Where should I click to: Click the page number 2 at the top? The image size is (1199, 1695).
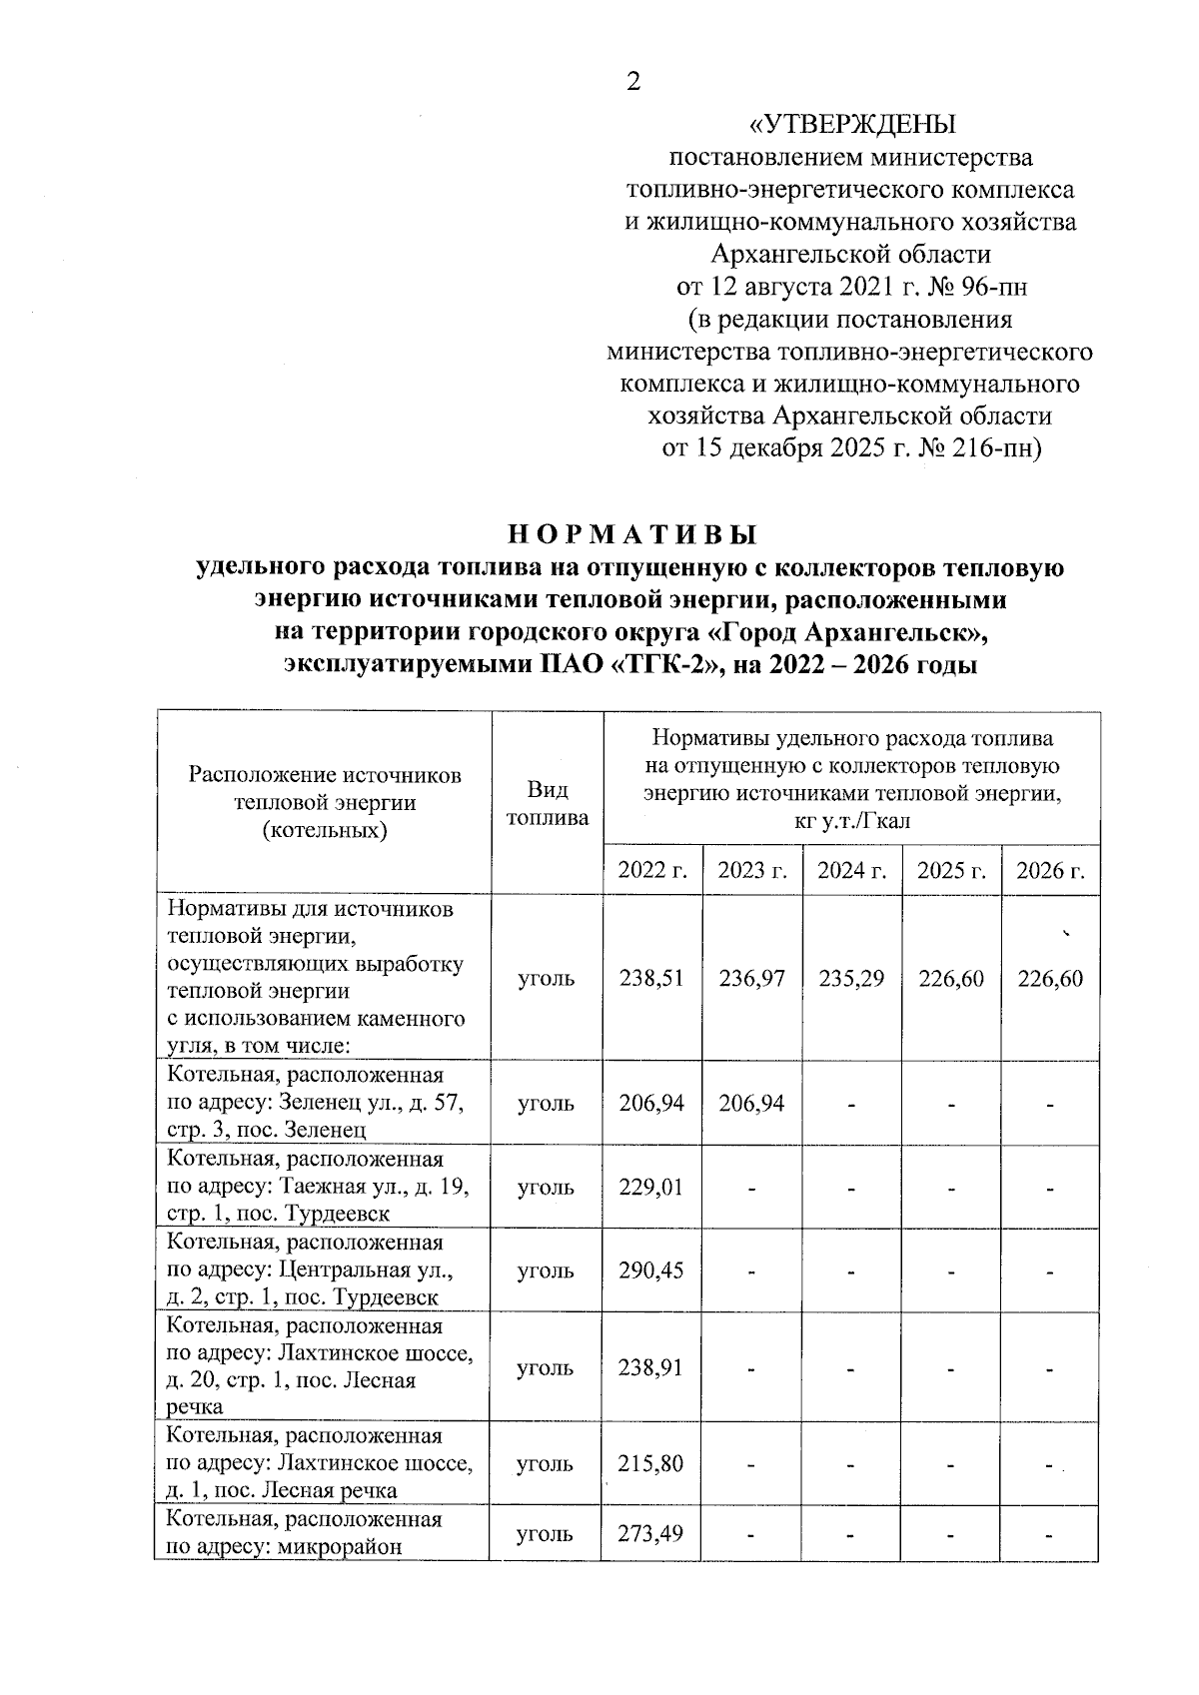tap(632, 83)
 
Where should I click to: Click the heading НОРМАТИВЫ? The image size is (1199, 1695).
tap(631, 533)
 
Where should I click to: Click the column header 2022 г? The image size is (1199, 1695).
tap(652, 870)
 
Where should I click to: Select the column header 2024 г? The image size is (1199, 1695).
tap(852, 870)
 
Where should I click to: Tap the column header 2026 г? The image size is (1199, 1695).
tap(1050, 870)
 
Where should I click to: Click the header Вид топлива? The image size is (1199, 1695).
tap(547, 804)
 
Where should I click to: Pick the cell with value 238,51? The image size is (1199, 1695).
tap(651, 979)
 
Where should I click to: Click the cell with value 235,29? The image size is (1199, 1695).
tap(851, 979)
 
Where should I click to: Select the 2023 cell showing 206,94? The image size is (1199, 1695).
tap(751, 1104)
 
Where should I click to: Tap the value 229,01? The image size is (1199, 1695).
tap(651, 1188)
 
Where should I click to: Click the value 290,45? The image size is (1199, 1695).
tap(651, 1271)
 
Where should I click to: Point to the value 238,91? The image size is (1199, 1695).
tap(651, 1367)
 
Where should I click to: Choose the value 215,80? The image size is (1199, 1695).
tap(651, 1464)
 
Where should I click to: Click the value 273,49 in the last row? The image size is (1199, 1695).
tap(651, 1533)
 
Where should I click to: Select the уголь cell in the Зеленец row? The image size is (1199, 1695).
tap(546, 1104)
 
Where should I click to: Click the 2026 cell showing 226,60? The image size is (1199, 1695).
tap(1050, 979)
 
